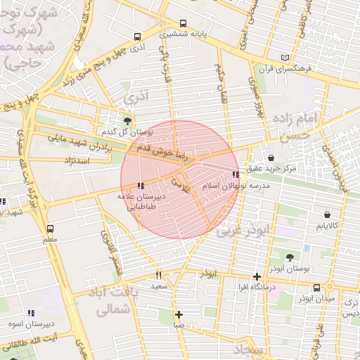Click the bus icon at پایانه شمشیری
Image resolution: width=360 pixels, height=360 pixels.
click(184, 23)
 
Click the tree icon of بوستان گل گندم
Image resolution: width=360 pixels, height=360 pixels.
click(127, 120)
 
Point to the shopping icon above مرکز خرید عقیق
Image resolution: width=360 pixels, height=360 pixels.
click(272, 158)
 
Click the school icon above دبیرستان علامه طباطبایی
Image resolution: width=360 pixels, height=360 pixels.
click(141, 186)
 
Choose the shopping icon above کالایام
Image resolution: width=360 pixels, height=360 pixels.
click(328, 214)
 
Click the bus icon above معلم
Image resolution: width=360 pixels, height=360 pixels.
click(50, 229)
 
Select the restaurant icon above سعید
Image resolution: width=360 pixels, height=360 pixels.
click(158, 275)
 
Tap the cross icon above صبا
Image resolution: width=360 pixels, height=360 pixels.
click(179, 314)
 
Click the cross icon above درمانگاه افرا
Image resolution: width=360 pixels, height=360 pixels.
click(258, 276)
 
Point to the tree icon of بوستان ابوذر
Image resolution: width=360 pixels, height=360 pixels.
click(290, 257)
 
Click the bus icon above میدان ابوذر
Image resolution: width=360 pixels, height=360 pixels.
click(317, 288)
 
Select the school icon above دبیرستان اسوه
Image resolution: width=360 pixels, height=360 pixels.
click(30, 313)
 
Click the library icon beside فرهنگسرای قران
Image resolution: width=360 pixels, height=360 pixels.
click(284, 57)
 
